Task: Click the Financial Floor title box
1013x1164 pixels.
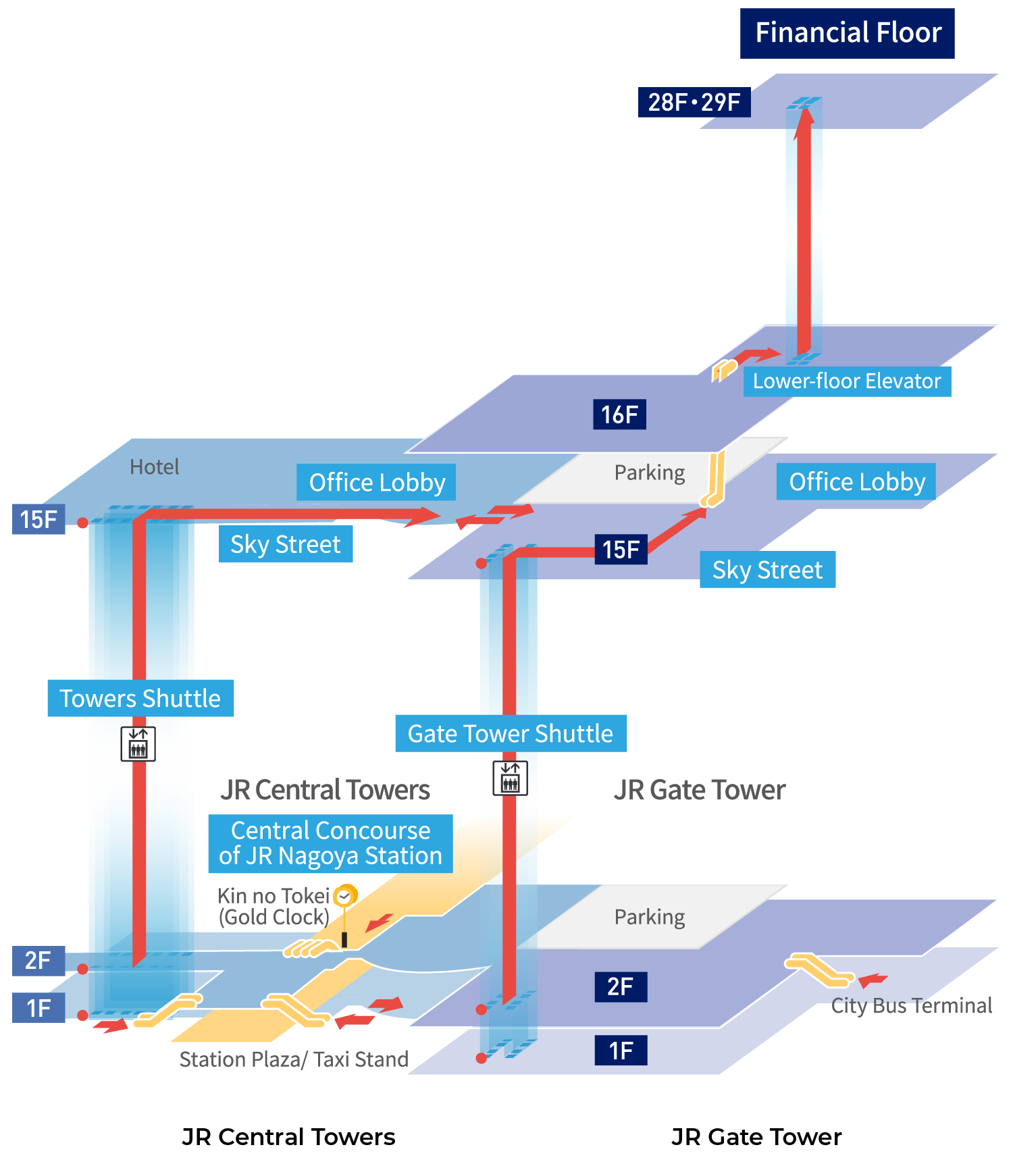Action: (847, 33)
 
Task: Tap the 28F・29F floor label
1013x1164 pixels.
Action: (694, 103)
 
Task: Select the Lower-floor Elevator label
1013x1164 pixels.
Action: (847, 381)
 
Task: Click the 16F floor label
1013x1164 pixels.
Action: (619, 415)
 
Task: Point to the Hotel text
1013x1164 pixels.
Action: (154, 467)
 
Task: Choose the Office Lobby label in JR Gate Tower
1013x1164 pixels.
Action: (856, 482)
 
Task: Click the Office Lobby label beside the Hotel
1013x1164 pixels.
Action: (376, 483)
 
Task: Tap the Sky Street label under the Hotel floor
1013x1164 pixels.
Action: (285, 544)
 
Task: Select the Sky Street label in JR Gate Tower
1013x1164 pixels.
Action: (767, 570)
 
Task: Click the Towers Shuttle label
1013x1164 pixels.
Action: (140, 698)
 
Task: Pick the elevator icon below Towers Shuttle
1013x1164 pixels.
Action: (138, 744)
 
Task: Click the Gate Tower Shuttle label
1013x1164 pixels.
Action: (511, 734)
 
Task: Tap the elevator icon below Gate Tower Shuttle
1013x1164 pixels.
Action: (510, 778)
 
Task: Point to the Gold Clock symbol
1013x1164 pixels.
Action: (345, 897)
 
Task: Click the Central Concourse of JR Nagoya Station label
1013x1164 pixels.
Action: (330, 843)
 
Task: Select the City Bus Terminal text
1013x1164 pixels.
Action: (911, 1006)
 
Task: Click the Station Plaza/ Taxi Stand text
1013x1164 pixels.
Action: (294, 1059)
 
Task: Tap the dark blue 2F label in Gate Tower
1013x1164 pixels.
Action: (620, 987)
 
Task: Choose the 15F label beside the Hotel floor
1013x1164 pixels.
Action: (38, 519)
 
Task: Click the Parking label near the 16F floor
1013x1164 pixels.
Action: (649, 473)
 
